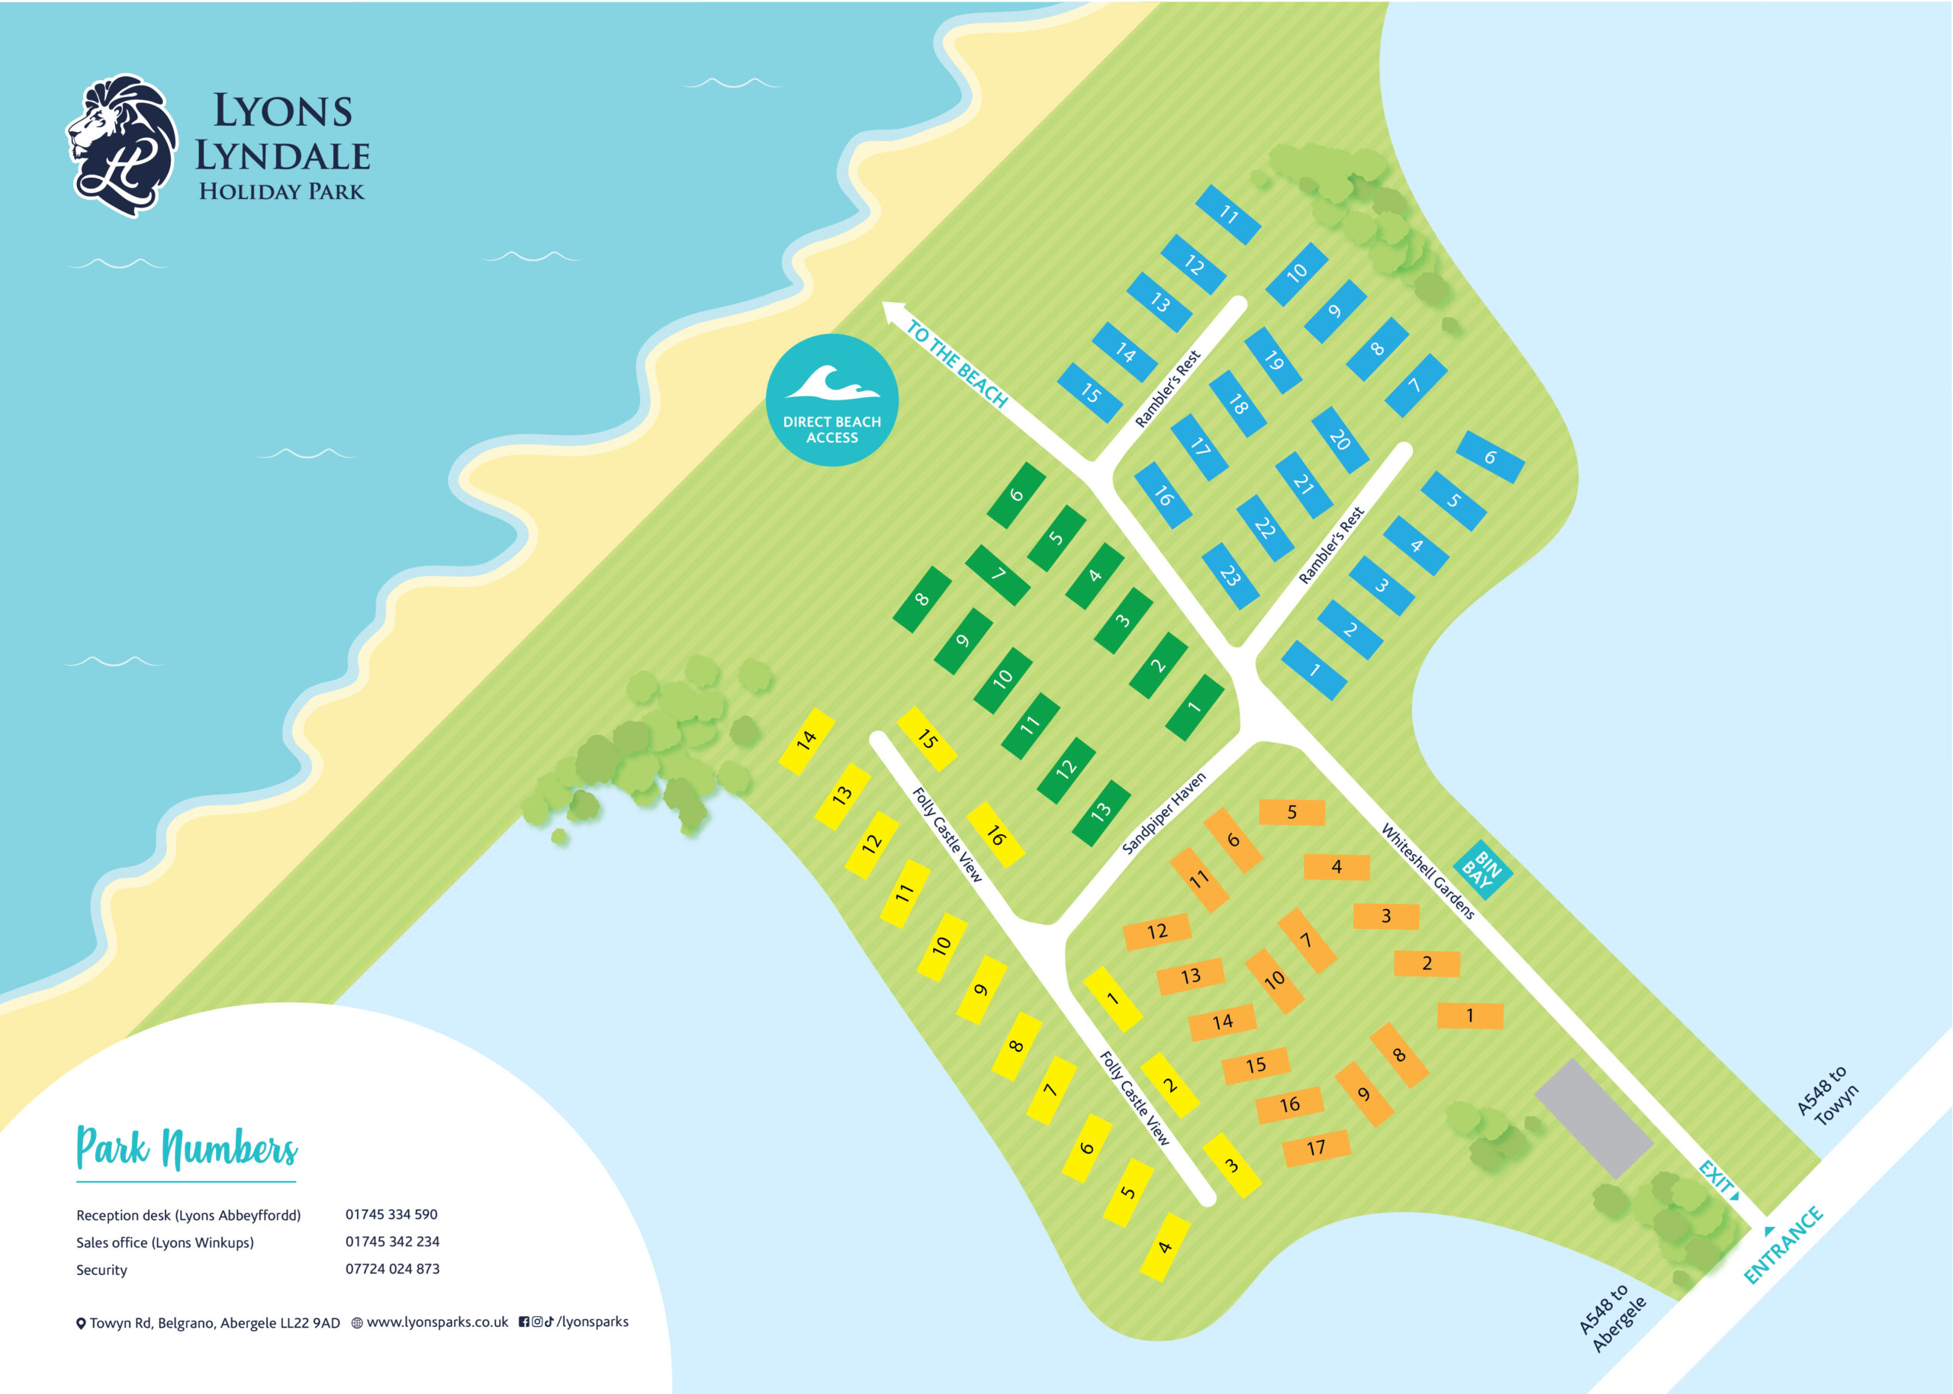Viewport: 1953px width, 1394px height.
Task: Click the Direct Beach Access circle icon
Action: click(x=832, y=400)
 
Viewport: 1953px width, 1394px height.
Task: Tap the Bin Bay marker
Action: click(x=1482, y=869)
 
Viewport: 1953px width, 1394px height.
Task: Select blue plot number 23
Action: click(x=1231, y=576)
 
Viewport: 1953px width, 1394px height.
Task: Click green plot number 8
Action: click(x=922, y=599)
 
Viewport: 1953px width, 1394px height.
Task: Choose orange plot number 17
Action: click(x=1316, y=1148)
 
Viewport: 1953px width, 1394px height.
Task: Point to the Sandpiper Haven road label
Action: click(x=1163, y=813)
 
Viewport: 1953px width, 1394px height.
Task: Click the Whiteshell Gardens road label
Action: click(x=1427, y=871)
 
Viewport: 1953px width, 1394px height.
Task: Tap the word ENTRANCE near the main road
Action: click(x=1783, y=1245)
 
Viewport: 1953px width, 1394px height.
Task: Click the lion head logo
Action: click(x=122, y=144)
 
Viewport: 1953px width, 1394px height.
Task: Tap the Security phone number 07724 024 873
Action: click(x=392, y=1269)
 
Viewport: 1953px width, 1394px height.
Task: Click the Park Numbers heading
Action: click(x=186, y=1148)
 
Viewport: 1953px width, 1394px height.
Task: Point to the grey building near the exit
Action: click(x=1594, y=1119)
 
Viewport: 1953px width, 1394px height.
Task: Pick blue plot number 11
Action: click(x=1228, y=214)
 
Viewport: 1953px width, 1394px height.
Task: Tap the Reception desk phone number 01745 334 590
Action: click(x=391, y=1215)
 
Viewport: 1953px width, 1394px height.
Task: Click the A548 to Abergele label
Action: click(x=1612, y=1318)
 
